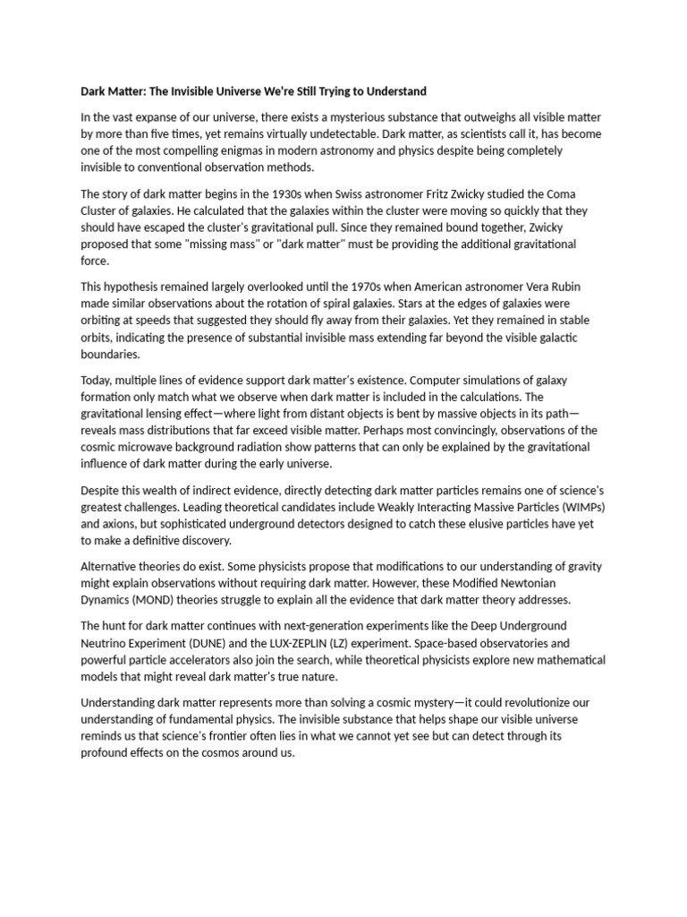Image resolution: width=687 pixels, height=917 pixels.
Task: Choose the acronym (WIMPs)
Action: (578, 508)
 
